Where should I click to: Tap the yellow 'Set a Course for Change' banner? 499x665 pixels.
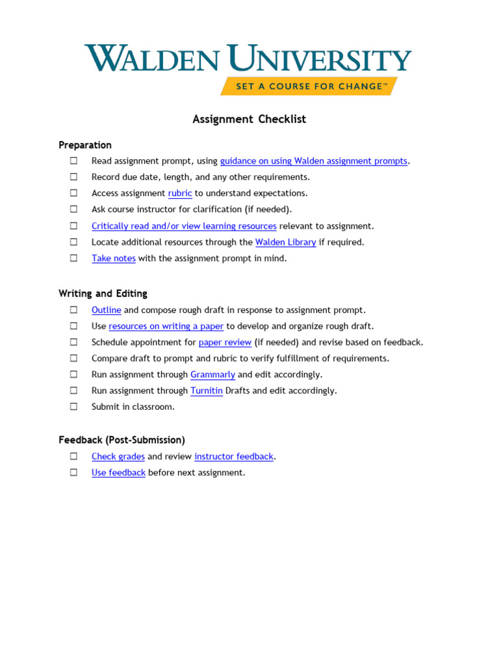(x=309, y=86)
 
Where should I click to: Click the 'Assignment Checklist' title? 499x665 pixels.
(x=249, y=119)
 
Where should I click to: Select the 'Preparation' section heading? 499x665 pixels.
(x=85, y=145)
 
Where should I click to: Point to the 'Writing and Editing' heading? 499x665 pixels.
(x=103, y=294)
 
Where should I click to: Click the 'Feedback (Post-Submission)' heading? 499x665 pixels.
(x=122, y=440)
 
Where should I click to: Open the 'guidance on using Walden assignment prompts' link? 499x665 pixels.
(x=314, y=161)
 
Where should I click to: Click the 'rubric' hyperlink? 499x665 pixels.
(x=180, y=193)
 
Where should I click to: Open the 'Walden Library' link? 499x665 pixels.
(x=285, y=242)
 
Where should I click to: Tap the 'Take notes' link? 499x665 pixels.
(x=114, y=258)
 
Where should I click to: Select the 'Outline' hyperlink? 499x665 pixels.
(x=107, y=310)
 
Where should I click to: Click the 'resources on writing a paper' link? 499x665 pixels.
(x=166, y=326)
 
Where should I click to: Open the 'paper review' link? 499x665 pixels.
(x=225, y=342)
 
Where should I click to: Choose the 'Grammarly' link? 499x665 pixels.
(x=212, y=375)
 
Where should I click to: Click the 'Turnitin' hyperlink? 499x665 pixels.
(x=207, y=391)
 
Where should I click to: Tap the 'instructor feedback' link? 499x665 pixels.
(x=234, y=457)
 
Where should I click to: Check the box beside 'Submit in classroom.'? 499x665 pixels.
(x=74, y=407)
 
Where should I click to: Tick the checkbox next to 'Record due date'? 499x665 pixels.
(x=74, y=177)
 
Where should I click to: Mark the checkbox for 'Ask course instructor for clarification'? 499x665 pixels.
(x=74, y=209)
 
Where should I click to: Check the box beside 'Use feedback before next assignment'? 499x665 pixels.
(x=74, y=472)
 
